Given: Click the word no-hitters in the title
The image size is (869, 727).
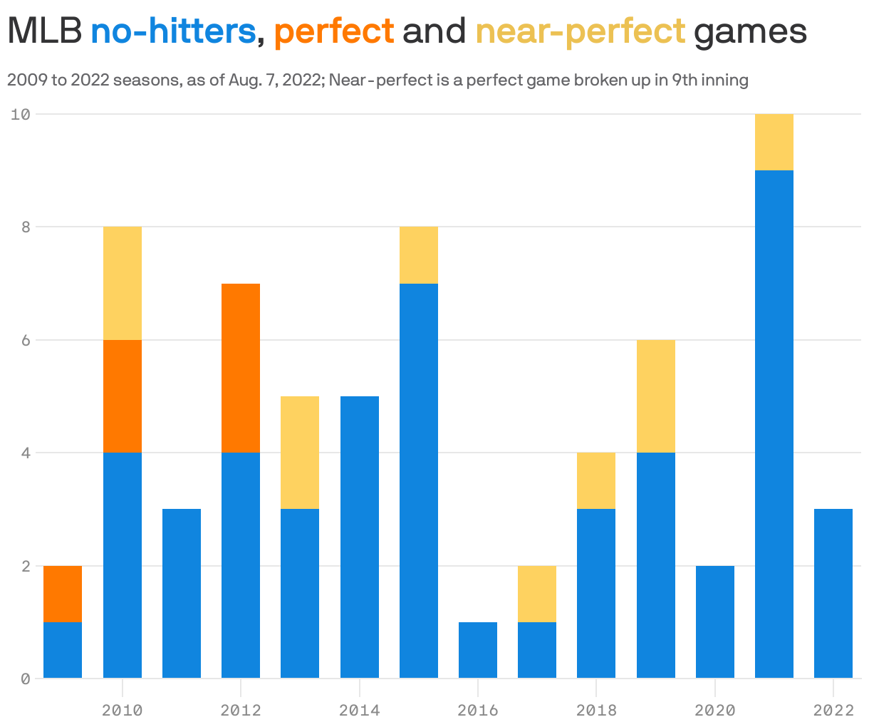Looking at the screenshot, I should click(173, 31).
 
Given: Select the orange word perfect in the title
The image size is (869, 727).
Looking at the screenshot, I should click(334, 31).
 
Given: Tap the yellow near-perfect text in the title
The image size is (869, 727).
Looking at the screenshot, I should click(580, 31).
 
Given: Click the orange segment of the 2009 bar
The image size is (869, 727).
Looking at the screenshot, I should click(63, 594).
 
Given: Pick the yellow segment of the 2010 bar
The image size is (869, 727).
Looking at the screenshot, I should click(123, 283).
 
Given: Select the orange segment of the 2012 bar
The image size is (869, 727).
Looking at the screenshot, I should click(241, 368).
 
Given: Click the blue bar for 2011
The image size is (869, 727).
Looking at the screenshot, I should click(182, 593).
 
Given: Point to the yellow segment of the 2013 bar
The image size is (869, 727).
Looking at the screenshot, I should click(300, 453).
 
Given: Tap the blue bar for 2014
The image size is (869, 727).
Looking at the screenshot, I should click(360, 537).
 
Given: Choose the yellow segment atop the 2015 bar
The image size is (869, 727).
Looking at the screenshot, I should click(419, 255).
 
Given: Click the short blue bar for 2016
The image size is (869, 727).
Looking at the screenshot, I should click(478, 650).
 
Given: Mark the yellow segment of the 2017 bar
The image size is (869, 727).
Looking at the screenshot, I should click(537, 594).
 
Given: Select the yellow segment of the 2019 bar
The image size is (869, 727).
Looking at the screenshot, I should click(656, 396).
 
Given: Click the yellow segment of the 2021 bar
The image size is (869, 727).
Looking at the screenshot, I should click(774, 142).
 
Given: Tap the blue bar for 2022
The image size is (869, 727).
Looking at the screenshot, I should click(833, 593).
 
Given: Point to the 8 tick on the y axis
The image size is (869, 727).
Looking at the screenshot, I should click(26, 227).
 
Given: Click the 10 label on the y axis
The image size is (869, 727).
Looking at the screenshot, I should click(21, 114).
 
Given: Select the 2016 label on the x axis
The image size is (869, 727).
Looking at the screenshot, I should click(478, 710).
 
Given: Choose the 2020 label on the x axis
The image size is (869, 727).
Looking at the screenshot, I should click(714, 710).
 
